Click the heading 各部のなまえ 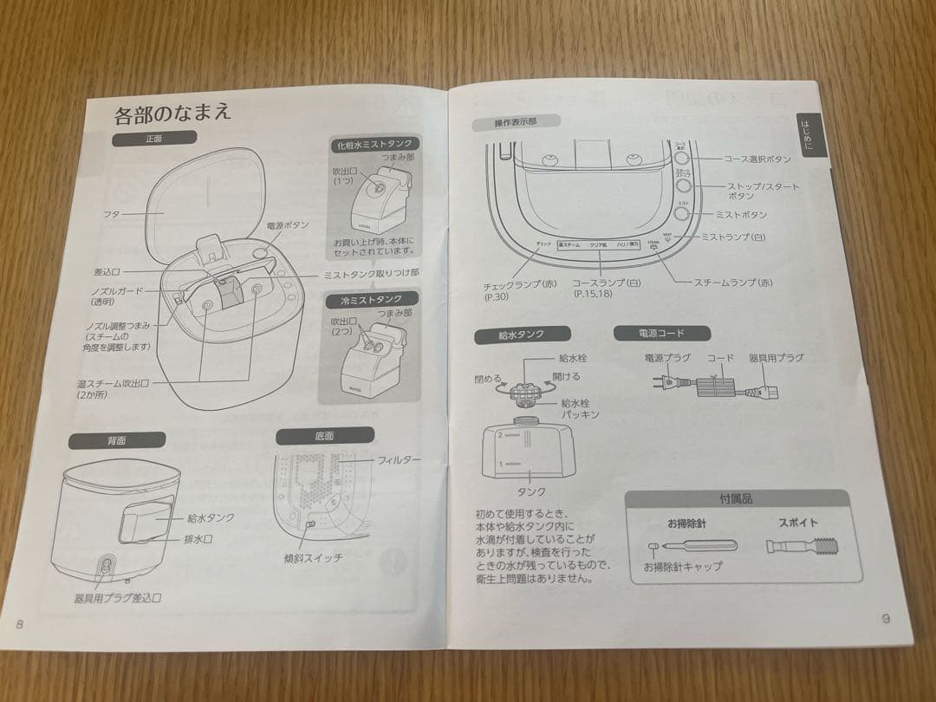pos(172,113)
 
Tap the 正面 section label pos(154,137)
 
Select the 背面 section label pos(118,440)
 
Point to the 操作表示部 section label pos(515,122)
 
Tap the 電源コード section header pos(661,332)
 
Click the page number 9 pos(885,618)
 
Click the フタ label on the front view pos(113,212)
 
